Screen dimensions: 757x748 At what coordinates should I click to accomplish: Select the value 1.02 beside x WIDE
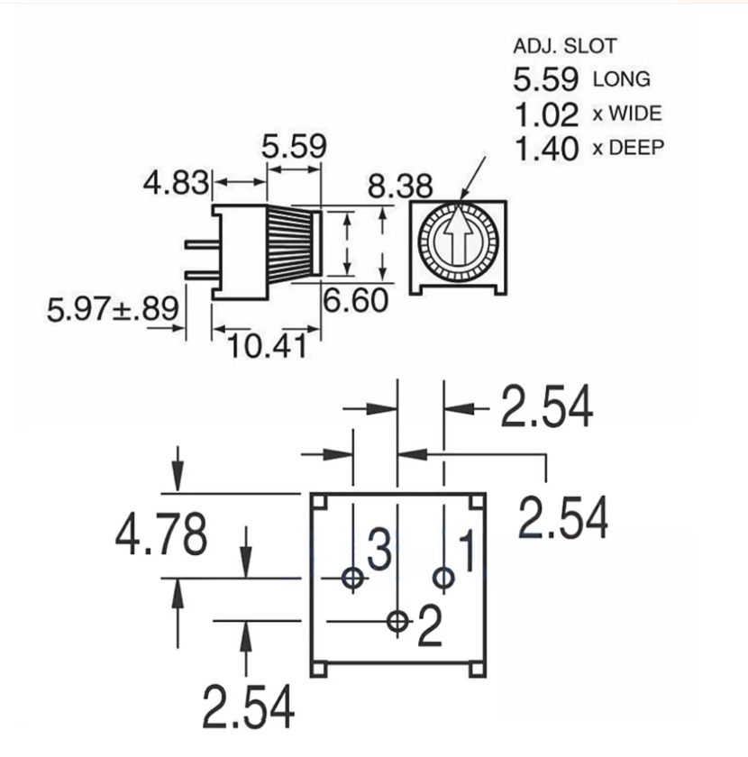coord(545,114)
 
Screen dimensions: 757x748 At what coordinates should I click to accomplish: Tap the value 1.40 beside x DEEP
coord(545,149)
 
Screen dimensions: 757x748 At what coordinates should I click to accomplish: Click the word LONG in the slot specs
coord(621,79)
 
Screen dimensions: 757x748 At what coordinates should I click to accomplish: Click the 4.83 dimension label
coord(176,183)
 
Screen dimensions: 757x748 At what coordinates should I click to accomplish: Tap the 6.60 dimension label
coord(356,300)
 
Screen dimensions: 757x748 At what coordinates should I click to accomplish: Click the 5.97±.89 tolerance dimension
coord(113,310)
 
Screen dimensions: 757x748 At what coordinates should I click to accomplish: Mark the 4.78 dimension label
coord(160,534)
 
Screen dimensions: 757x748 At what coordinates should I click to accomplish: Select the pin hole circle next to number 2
coord(397,621)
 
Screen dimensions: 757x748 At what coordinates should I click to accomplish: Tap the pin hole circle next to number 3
coord(352,578)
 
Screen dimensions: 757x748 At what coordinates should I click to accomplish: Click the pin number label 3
coord(379,550)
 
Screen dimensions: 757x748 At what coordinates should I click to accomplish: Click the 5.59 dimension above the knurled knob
coord(293,147)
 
